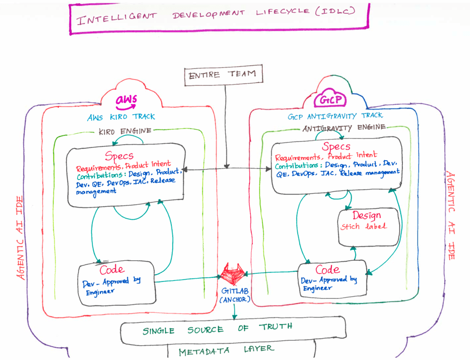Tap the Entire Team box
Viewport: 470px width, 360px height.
pos(226,74)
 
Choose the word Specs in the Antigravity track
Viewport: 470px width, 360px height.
pos(336,146)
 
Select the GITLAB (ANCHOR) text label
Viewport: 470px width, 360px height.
pos(235,295)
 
